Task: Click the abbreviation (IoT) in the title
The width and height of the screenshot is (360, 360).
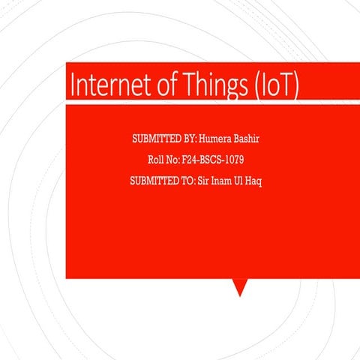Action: coord(273,85)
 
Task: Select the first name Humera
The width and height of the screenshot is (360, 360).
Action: coord(215,139)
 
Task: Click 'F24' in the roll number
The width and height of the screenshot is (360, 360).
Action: coord(190,160)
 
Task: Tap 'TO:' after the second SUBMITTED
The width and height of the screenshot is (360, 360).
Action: coord(187,181)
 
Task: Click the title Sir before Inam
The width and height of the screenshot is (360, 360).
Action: coord(203,181)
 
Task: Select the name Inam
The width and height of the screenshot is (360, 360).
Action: coord(223,181)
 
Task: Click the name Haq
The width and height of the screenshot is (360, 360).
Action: coord(256,181)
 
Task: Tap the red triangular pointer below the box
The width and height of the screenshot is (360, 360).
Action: coord(239,286)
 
